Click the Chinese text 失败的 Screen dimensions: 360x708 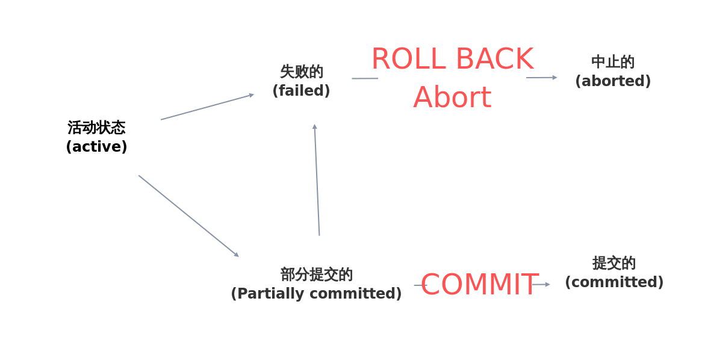click(x=301, y=72)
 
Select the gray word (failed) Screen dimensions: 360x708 click(x=301, y=91)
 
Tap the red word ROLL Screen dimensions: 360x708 click(x=409, y=60)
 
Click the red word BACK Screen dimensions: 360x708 click(x=495, y=60)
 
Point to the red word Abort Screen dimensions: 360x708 click(x=452, y=98)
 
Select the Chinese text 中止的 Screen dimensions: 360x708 click(x=613, y=62)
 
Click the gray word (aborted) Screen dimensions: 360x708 click(x=613, y=81)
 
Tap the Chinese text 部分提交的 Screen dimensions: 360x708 click(x=316, y=275)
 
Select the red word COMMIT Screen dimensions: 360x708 click(x=479, y=285)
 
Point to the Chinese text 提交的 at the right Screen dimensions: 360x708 click(x=614, y=263)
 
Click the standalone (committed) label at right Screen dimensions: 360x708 click(x=614, y=282)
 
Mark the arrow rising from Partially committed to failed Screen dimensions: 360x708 click(x=317, y=181)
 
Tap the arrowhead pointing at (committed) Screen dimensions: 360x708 click(x=547, y=284)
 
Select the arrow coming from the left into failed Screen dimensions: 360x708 click(x=208, y=107)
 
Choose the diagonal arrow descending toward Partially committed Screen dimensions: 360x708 click(x=188, y=216)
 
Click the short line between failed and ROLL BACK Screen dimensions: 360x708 click(x=365, y=78)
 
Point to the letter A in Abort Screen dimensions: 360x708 click(x=423, y=98)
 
